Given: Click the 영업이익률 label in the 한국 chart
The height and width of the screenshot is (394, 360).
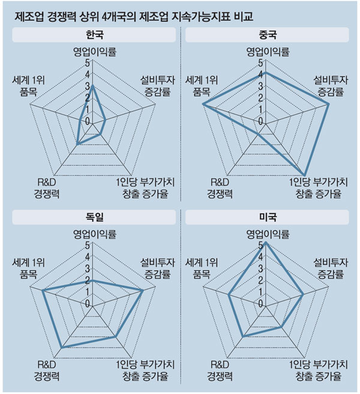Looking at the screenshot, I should [91, 52].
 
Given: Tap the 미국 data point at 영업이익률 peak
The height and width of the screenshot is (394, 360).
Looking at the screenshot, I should [265, 243].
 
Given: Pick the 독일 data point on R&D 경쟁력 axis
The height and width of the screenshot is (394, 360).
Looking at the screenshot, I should [62, 347].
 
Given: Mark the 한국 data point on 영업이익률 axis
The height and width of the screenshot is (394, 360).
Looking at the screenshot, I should [91, 86].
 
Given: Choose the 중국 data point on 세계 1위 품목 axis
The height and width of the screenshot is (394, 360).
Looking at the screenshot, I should [203, 104].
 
